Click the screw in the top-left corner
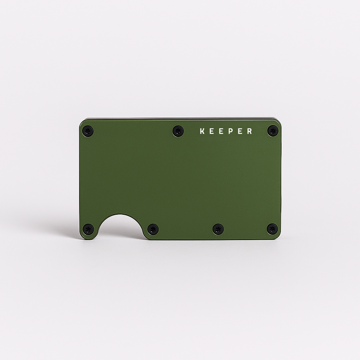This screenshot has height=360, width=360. pyautogui.click(x=88, y=131)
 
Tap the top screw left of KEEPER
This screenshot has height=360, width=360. pyautogui.click(x=178, y=131)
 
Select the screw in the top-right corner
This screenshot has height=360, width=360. pyautogui.click(x=272, y=131)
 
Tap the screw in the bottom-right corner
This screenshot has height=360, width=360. pyautogui.click(x=272, y=229)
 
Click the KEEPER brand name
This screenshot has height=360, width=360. pyautogui.click(x=226, y=131)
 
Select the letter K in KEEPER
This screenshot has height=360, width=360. pyautogui.click(x=202, y=131)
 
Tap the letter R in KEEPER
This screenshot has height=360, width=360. pyautogui.click(x=249, y=131)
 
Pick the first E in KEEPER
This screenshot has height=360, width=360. pyautogui.click(x=212, y=131)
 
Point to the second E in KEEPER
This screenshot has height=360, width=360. pyautogui.click(x=221, y=131)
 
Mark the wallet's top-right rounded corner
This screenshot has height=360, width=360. pyautogui.click(x=278, y=122)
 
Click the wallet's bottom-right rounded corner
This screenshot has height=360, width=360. pyautogui.click(x=278, y=237)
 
